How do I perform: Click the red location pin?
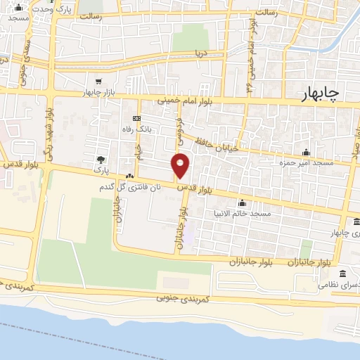[x=181, y=165]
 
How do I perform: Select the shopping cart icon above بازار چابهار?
[x=98, y=82]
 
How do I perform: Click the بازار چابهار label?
[x=98, y=93]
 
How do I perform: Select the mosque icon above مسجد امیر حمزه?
[x=306, y=152]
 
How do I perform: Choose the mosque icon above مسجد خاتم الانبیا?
[x=243, y=202]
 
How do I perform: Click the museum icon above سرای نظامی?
[x=342, y=274]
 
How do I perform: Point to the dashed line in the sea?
[x=105, y=337]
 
